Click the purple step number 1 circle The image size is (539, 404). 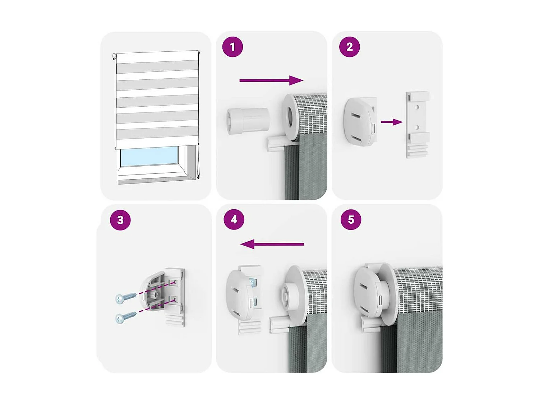click(x=232, y=47)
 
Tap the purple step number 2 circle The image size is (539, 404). click(x=349, y=47)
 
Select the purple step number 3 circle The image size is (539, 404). click(x=120, y=220)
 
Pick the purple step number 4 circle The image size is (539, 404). click(x=234, y=219)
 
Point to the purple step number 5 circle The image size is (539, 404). click(x=351, y=219)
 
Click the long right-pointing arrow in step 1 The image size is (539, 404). click(x=271, y=80)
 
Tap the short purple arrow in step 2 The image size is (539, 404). click(x=392, y=122)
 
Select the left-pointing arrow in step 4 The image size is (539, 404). click(x=272, y=244)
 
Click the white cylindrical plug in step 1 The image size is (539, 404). click(x=248, y=121)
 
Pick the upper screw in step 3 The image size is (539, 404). click(x=126, y=297)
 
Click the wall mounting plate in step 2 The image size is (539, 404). click(x=417, y=125)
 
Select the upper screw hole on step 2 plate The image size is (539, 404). click(x=417, y=107)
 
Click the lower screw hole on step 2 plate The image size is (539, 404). click(x=417, y=127)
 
